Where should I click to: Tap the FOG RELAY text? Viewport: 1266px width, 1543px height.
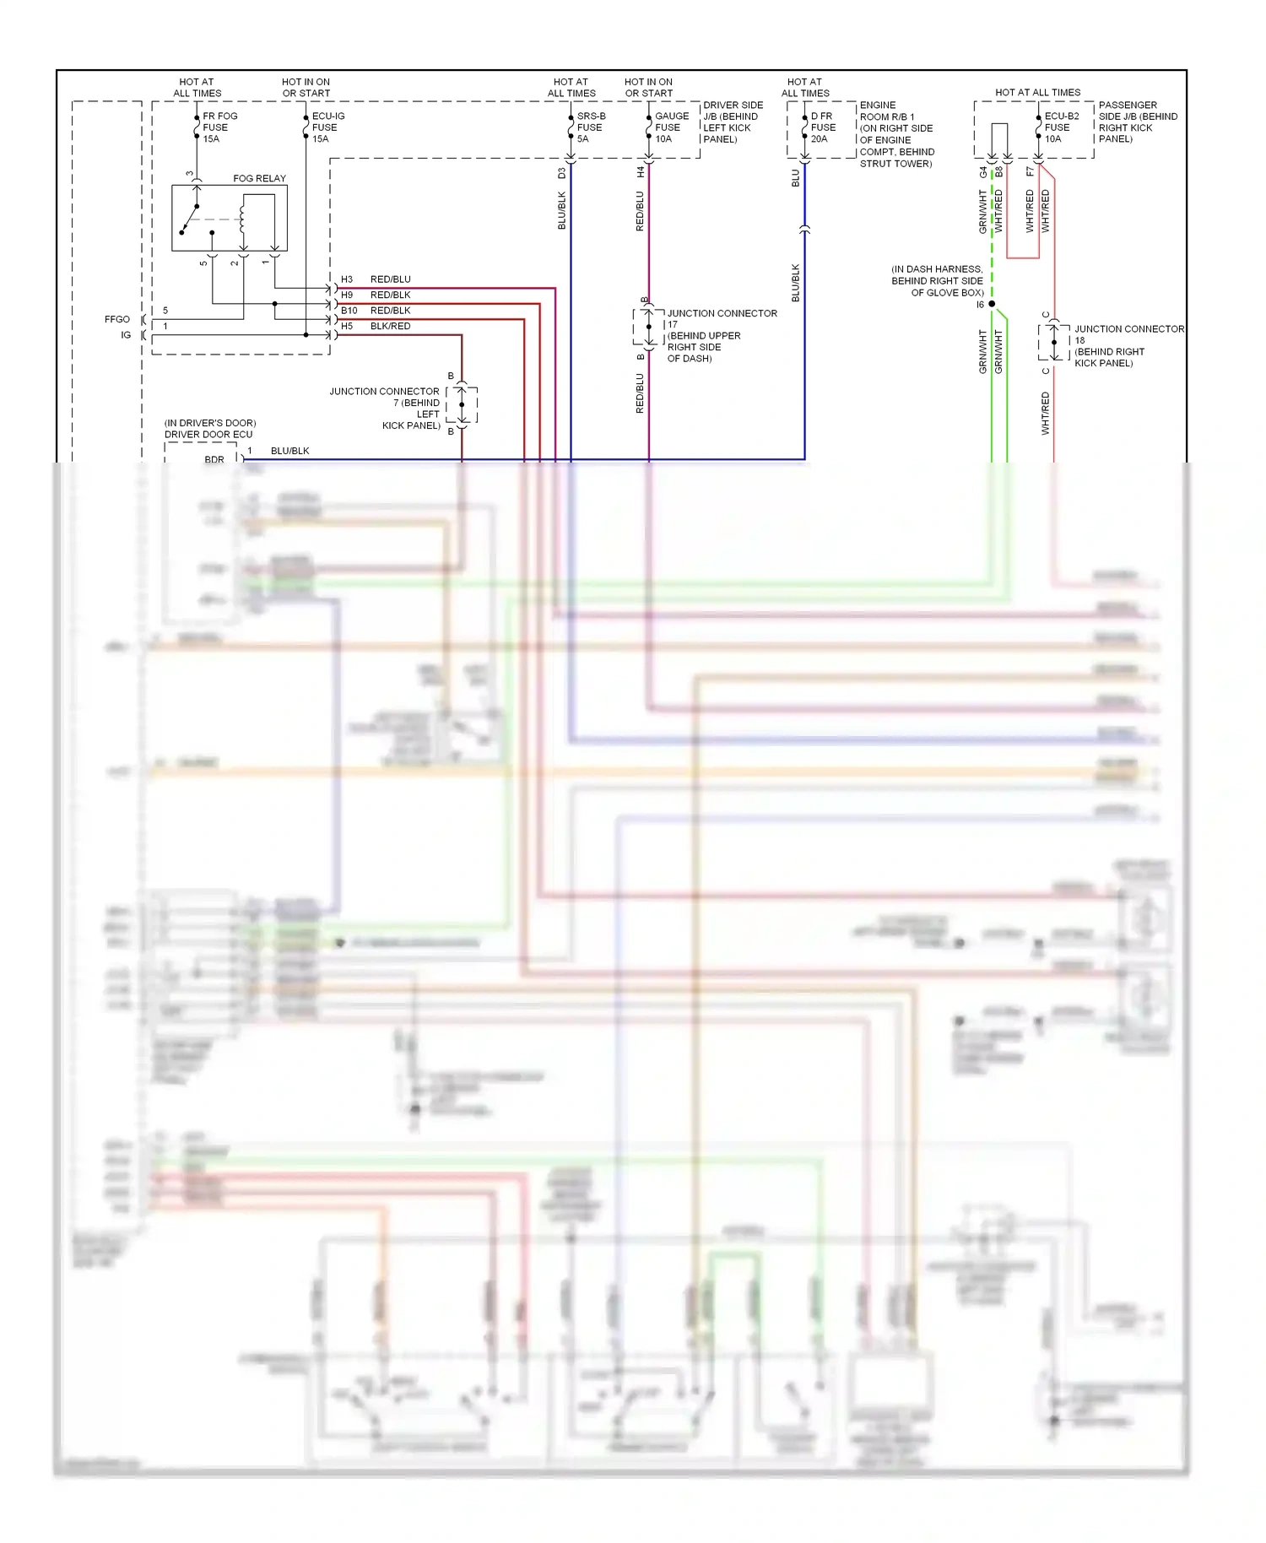click(x=259, y=178)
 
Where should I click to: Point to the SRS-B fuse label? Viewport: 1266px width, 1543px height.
click(x=590, y=127)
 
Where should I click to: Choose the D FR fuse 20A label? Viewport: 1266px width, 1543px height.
click(x=822, y=127)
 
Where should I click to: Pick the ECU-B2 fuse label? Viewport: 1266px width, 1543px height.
click(x=1061, y=127)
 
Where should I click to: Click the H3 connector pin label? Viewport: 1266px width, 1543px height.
click(x=347, y=279)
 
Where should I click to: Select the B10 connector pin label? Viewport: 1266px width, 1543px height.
click(x=349, y=311)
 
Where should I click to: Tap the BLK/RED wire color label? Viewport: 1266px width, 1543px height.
click(x=390, y=326)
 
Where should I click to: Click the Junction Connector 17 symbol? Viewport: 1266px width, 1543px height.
click(x=648, y=327)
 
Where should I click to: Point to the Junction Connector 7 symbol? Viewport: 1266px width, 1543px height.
click(x=462, y=404)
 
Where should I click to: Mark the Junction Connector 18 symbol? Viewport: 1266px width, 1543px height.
click(x=1053, y=343)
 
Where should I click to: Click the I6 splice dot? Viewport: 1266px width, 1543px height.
click(x=992, y=304)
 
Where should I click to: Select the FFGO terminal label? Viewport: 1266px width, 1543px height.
click(x=117, y=319)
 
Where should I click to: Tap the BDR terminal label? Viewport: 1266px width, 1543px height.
click(x=214, y=460)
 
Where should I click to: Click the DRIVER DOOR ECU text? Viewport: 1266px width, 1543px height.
click(x=208, y=435)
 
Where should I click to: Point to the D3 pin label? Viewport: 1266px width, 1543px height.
click(x=561, y=173)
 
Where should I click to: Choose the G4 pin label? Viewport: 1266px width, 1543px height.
click(x=982, y=172)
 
